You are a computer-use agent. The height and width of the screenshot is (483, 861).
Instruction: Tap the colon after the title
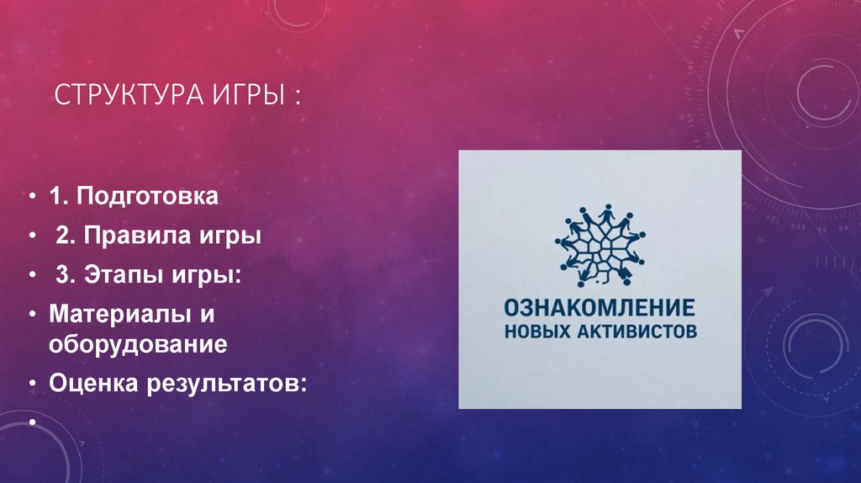click(298, 97)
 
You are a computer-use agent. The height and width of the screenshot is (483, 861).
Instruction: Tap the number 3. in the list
click(66, 275)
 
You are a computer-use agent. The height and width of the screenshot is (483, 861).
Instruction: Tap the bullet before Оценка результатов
click(31, 384)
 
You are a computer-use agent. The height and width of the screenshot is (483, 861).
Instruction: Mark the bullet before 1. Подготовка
click(31, 199)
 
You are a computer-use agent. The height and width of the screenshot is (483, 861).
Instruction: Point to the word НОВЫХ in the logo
click(536, 332)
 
